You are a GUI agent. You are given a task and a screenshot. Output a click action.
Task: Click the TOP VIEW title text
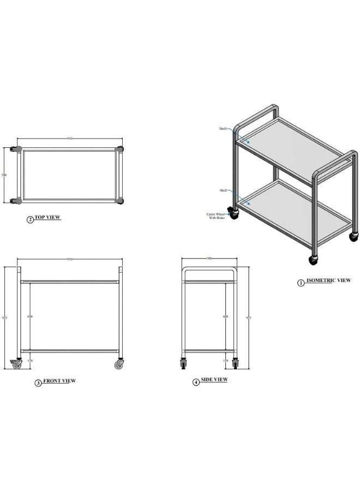click(x=47, y=217)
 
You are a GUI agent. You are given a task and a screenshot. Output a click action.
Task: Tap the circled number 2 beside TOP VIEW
click(x=31, y=220)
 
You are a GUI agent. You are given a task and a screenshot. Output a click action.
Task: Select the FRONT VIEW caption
click(x=59, y=381)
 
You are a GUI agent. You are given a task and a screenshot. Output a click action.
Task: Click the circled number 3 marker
click(x=38, y=383)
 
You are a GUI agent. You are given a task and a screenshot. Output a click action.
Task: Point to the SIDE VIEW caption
click(x=214, y=380)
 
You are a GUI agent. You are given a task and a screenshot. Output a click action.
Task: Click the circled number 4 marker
click(x=196, y=382)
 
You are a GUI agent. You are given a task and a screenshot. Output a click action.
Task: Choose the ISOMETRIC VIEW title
click(x=328, y=280)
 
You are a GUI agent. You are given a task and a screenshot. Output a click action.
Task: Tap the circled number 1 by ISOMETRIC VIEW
click(x=301, y=283)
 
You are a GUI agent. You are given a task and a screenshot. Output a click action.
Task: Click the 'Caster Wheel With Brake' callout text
click(x=216, y=216)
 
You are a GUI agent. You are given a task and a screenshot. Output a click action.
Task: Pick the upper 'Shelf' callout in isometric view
click(x=223, y=129)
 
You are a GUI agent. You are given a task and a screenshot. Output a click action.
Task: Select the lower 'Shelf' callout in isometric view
click(x=223, y=190)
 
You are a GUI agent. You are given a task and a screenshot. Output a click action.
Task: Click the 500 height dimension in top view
click(x=4, y=175)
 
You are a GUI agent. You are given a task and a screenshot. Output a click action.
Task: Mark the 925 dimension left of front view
click(x=5, y=318)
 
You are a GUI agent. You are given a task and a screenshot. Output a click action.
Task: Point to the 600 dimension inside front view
click(x=30, y=316)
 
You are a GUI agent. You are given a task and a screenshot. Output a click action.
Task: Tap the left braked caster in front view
click(x=16, y=364)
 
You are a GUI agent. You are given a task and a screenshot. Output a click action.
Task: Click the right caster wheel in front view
click(x=119, y=364)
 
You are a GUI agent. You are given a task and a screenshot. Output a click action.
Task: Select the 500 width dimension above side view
click(x=209, y=259)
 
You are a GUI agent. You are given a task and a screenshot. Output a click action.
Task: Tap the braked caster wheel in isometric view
click(x=233, y=213)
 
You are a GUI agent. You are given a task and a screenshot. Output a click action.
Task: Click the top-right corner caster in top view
click(x=120, y=149)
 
